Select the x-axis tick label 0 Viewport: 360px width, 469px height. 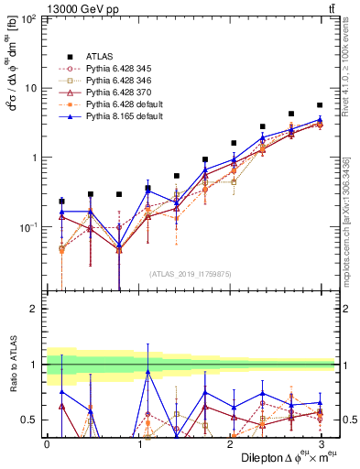point(47,444)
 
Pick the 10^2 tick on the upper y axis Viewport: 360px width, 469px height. point(28,19)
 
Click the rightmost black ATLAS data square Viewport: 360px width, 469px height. point(319,105)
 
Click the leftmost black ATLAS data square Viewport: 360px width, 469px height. point(61,201)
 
